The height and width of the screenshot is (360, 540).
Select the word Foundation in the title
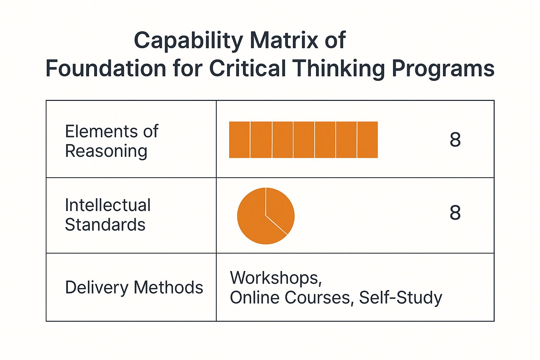click(106, 68)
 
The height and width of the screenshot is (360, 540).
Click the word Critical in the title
click(247, 68)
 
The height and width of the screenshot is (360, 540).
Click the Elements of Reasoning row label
click(111, 141)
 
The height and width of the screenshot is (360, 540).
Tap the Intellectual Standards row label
click(108, 214)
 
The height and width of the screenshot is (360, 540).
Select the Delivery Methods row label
click(134, 288)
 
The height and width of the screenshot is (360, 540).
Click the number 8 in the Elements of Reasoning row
click(455, 140)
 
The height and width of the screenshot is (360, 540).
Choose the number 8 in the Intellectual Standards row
click(455, 212)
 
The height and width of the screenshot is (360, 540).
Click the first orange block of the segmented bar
click(239, 140)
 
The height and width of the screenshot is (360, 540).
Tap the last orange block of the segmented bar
click(367, 140)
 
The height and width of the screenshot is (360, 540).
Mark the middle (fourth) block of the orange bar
click(304, 140)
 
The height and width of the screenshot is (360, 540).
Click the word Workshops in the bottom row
click(276, 278)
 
